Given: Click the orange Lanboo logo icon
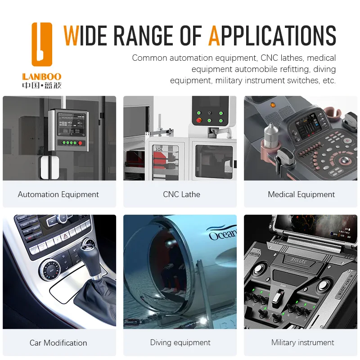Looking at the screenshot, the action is tap(42, 44).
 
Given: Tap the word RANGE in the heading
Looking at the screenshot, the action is tap(143, 36).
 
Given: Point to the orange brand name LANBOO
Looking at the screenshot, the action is tap(42, 76).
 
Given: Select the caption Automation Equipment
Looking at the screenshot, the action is tap(58, 194).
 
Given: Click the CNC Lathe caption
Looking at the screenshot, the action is tap(181, 194).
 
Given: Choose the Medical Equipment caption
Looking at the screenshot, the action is tap(301, 194).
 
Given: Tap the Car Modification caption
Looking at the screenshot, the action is tap(58, 343).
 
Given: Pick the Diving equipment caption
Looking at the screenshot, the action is tap(180, 342).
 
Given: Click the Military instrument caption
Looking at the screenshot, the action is tap(302, 342).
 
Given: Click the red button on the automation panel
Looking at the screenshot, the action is tap(80, 143).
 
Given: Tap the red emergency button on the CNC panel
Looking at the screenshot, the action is tap(199, 120).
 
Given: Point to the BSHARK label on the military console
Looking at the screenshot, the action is tap(298, 261).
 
